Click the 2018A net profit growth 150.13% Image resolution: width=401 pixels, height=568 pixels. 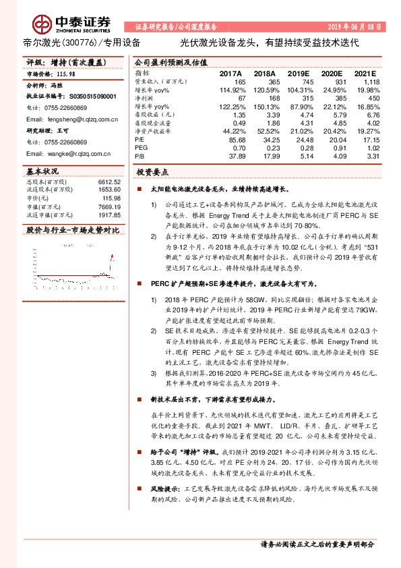pos(264,106)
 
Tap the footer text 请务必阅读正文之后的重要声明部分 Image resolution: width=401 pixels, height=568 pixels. pos(317,544)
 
